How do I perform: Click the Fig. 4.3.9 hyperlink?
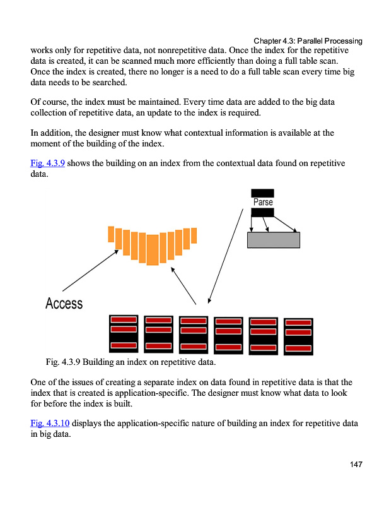[x=47, y=163]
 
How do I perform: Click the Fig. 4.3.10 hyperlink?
[x=50, y=423]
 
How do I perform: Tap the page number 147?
[x=356, y=465]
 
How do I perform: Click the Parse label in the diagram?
[x=263, y=202]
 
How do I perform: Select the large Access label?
[x=64, y=304]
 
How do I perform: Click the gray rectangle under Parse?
[x=273, y=240]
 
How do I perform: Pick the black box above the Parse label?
[x=262, y=193]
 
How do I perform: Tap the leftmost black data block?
[x=124, y=333]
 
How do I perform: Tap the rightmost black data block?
[x=298, y=336]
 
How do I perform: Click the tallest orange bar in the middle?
[x=153, y=249]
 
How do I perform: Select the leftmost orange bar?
[x=111, y=234]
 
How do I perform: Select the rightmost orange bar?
[x=194, y=235]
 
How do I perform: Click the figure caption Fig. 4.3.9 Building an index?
[x=131, y=363]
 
